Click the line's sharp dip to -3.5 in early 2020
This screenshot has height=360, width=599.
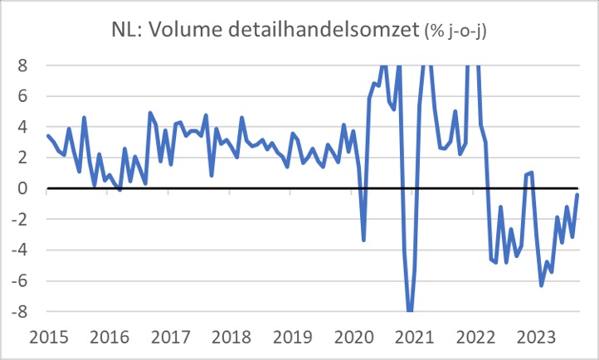pos(363,241)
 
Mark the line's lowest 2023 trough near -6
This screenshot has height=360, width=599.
pos(542,285)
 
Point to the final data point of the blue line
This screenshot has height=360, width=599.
pos(577,194)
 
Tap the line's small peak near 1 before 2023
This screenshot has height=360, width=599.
pos(530,172)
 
